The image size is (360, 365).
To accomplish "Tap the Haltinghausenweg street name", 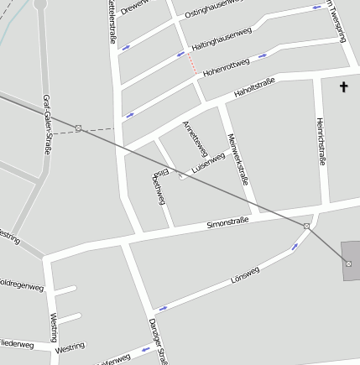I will [222, 38].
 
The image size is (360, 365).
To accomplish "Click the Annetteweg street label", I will [194, 138].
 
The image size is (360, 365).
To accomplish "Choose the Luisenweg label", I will [208, 163].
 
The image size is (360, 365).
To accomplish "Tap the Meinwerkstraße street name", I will [237, 159].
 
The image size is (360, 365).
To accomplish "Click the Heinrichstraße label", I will [320, 140].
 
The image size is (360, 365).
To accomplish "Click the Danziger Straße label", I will [159, 341].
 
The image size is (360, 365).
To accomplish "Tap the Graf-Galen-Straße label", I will [47, 123].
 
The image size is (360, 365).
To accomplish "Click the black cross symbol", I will [343, 86].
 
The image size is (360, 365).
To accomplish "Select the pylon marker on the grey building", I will [348, 263].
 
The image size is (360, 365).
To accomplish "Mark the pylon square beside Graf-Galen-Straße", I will [78, 128].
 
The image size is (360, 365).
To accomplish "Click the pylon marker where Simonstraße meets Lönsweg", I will [307, 227].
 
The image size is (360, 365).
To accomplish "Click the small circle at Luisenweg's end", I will [182, 175].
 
